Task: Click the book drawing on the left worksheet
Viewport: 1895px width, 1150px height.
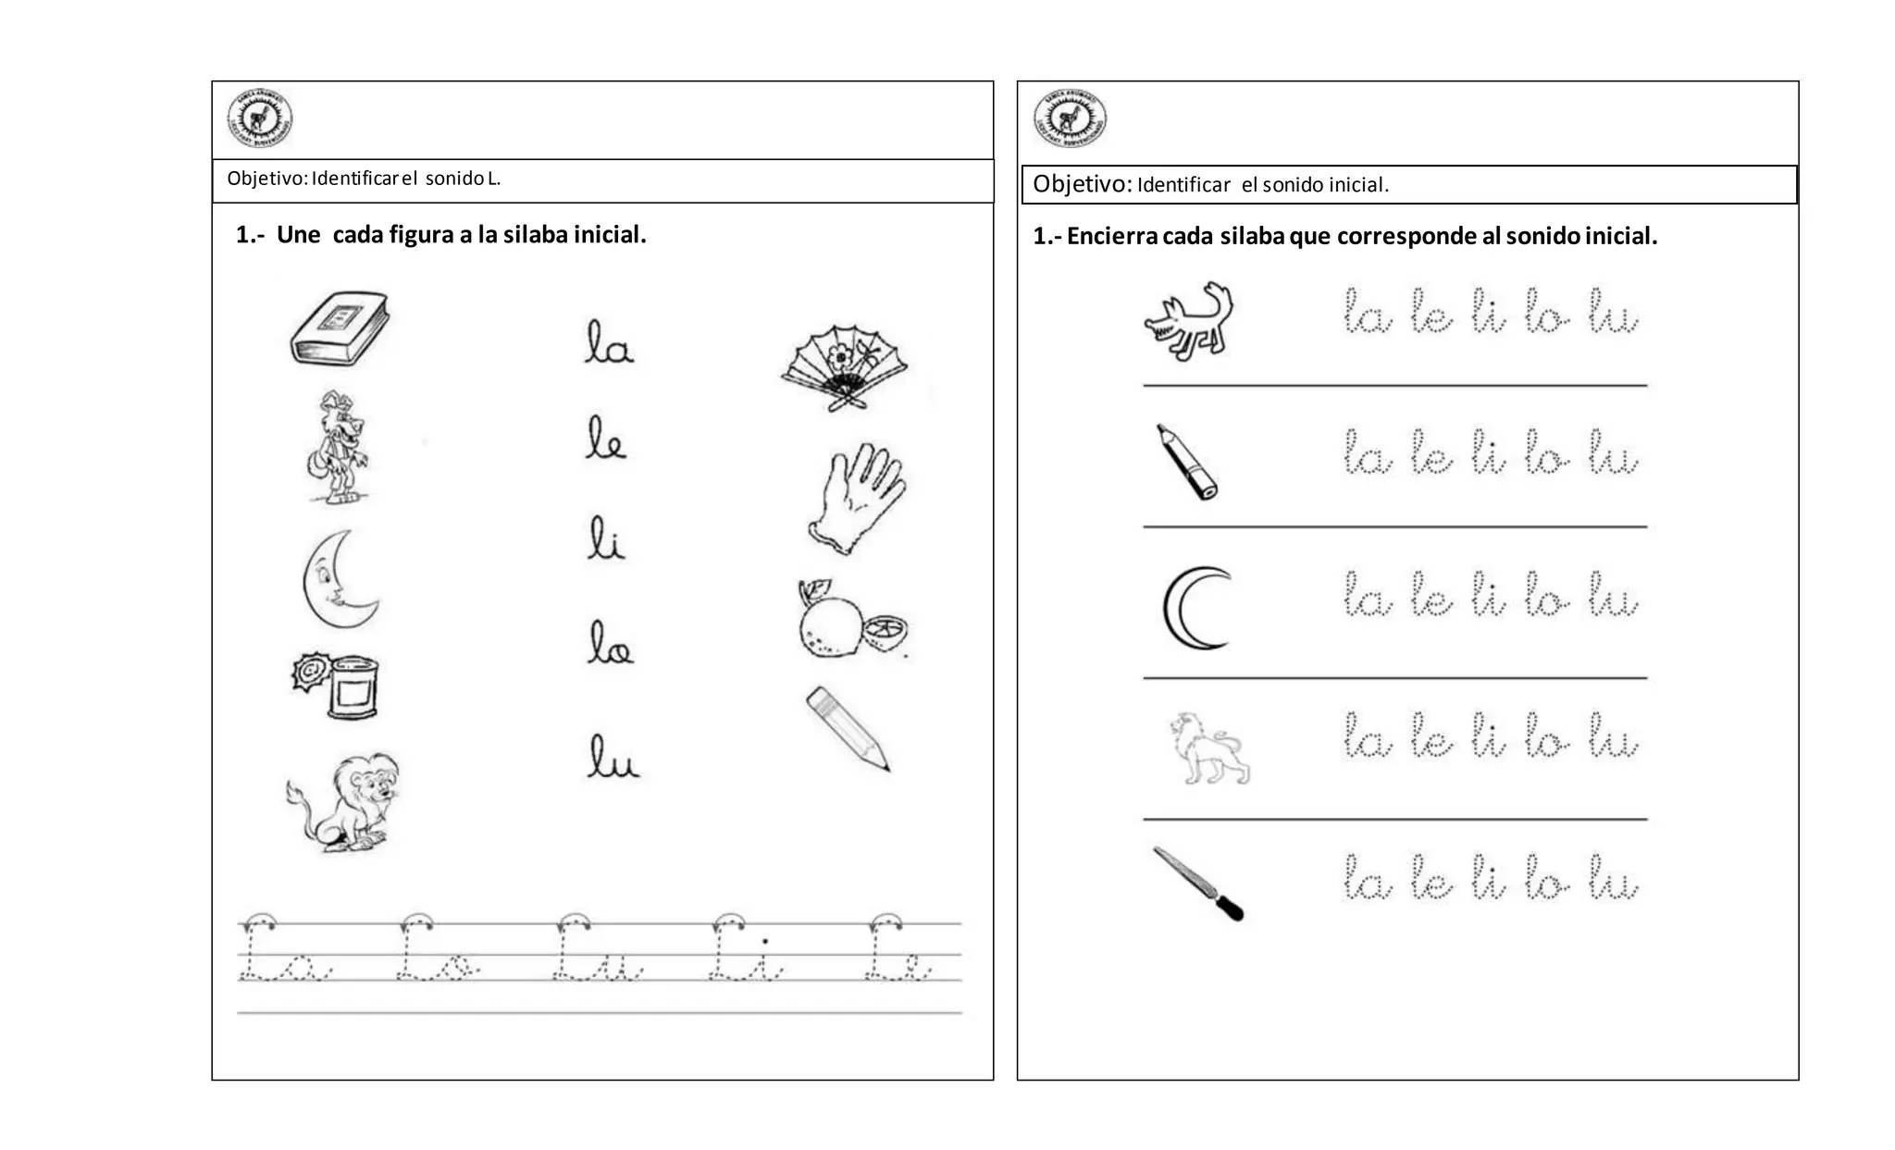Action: pos(339,328)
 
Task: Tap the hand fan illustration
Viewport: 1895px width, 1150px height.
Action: pos(844,366)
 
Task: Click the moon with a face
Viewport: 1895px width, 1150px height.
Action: pos(339,579)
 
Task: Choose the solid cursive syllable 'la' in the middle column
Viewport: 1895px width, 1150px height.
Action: pos(608,342)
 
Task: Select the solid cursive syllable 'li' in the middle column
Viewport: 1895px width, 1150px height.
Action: pos(606,539)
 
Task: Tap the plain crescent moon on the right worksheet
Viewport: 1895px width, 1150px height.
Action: pos(1195,608)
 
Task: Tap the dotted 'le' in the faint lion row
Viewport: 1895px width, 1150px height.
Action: pos(1431,738)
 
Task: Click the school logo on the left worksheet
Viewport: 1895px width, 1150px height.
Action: pos(260,119)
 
